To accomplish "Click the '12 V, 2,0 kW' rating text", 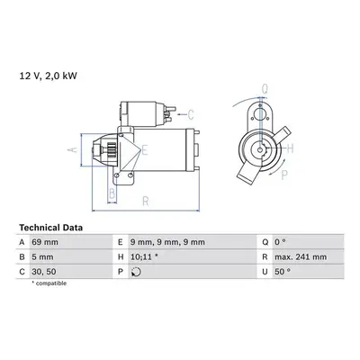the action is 49,76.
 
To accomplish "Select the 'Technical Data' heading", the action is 50,228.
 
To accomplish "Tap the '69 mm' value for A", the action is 45,242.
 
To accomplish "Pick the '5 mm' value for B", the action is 42,257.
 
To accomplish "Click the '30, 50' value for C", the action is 44,272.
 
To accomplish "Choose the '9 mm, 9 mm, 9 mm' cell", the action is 167,242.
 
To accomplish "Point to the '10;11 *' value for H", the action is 144,257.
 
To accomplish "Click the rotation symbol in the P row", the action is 136,272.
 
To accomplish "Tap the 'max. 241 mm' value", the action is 301,257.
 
